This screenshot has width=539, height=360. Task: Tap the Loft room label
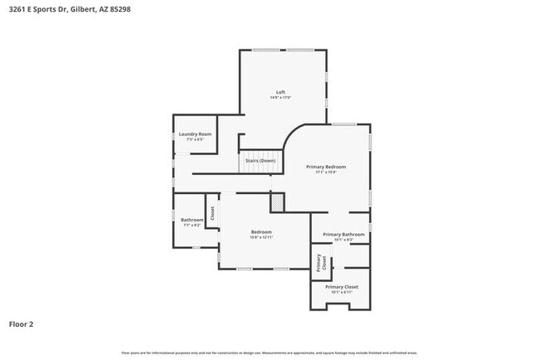point(281,91)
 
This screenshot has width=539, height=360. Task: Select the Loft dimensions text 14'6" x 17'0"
point(281,98)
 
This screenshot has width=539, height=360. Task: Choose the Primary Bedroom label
point(325,167)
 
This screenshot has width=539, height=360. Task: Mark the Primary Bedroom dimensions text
point(325,173)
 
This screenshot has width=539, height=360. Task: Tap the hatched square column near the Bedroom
point(277,202)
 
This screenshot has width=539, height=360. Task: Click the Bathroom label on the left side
point(192,220)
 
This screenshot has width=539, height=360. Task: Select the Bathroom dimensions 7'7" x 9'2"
point(192,226)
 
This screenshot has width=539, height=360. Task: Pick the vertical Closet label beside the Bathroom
point(211,214)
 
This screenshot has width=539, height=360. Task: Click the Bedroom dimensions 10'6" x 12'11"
point(261,237)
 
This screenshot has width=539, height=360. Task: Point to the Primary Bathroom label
point(343,235)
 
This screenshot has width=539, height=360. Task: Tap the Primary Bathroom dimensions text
point(343,241)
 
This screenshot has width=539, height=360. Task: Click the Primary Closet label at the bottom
point(341,287)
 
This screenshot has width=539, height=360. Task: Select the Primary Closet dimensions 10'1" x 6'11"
point(341,293)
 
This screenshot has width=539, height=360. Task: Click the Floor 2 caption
point(22,324)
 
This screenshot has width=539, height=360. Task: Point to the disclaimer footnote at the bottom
point(269,353)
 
